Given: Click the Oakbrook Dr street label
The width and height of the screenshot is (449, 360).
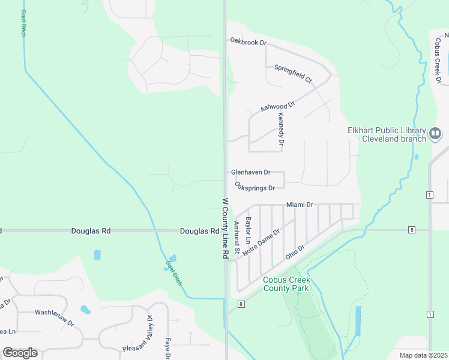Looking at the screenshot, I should (x=247, y=40).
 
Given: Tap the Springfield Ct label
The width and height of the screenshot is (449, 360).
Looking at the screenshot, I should (x=293, y=73).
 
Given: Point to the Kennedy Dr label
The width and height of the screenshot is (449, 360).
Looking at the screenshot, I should (x=280, y=130).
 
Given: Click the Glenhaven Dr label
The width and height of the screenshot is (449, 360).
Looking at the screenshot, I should (x=251, y=172).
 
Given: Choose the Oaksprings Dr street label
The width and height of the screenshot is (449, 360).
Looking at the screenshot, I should (x=255, y=187).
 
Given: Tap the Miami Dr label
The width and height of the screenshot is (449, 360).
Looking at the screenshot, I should (x=300, y=205).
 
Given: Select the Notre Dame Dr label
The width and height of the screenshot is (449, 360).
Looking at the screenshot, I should (x=261, y=244).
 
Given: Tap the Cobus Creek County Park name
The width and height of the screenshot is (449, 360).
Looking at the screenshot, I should (x=286, y=284).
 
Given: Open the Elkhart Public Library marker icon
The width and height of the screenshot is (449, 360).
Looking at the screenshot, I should (x=436, y=133).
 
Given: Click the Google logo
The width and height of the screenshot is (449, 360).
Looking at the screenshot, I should (x=20, y=353).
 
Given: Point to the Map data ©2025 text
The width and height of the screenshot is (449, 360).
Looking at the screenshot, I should (x=423, y=355).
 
